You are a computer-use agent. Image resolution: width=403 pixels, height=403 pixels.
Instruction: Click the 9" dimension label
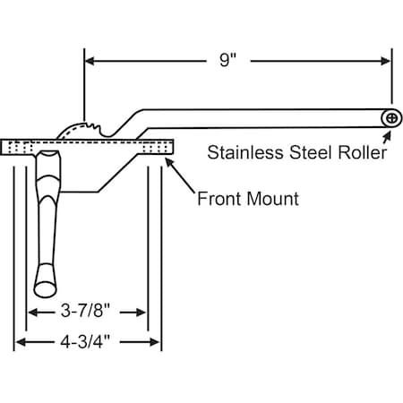(228, 60)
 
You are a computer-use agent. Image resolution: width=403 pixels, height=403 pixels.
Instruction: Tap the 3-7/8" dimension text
(86, 311)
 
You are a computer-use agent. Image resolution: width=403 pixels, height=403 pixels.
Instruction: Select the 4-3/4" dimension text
(85, 341)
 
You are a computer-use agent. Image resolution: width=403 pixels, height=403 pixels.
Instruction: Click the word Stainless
(245, 152)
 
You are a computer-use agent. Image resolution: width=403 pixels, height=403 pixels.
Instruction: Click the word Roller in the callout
(363, 152)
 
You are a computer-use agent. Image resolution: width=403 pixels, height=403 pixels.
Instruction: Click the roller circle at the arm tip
(391, 118)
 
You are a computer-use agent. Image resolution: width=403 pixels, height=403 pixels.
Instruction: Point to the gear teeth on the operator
(91, 126)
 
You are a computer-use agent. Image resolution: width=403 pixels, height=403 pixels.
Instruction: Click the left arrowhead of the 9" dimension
(90, 61)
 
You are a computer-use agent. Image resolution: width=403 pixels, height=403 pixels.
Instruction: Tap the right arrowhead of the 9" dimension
(386, 61)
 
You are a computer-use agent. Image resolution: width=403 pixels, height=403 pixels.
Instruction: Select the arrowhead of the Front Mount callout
(169, 162)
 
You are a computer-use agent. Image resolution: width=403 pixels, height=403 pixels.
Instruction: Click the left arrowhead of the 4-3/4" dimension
(20, 342)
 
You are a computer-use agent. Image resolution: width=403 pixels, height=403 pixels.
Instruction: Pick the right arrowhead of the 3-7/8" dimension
(141, 313)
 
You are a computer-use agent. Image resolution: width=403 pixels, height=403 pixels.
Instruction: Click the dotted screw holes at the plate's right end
(155, 148)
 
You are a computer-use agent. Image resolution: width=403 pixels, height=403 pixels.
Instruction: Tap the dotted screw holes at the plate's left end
(21, 148)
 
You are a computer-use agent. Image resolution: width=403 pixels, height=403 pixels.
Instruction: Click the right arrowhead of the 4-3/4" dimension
(155, 342)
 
